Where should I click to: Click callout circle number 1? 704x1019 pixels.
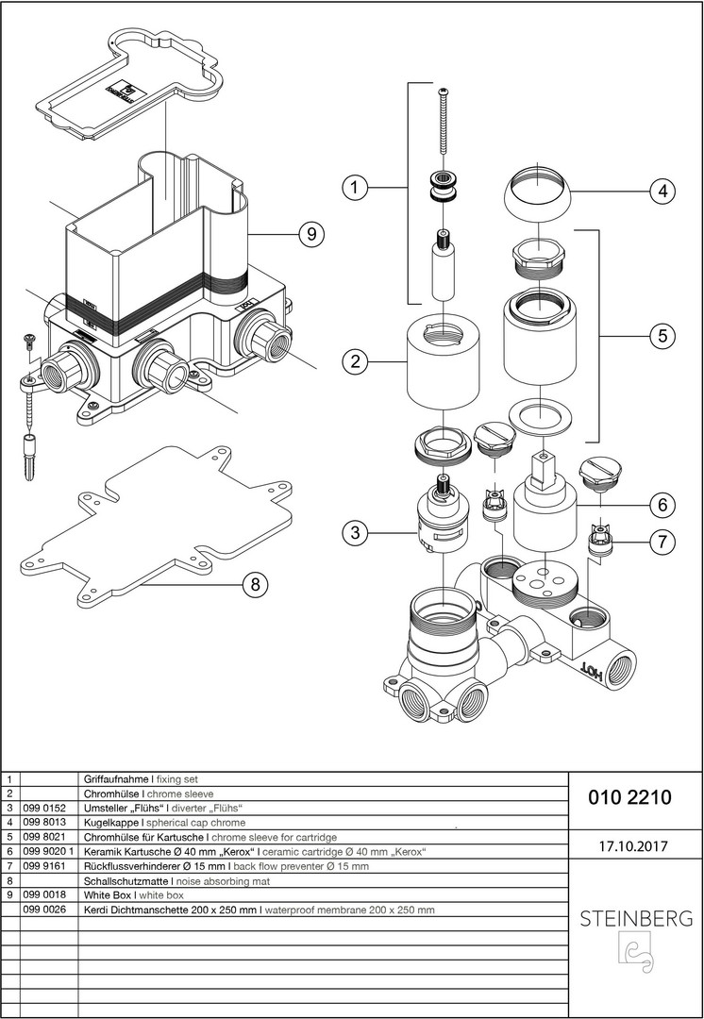[x=354, y=189]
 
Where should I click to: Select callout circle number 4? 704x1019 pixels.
[x=662, y=191]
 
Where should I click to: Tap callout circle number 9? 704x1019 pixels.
[x=310, y=234]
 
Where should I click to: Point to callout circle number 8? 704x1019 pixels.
[x=253, y=585]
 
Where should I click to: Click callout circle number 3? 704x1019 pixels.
[x=354, y=533]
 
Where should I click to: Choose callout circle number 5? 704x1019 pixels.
[x=662, y=335]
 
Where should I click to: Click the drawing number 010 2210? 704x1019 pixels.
[x=629, y=797]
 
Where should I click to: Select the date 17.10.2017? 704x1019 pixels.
[x=632, y=846]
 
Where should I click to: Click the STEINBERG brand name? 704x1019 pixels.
[x=634, y=917]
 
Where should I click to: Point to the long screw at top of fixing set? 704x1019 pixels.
[x=444, y=123]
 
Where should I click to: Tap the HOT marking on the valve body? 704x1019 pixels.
[x=591, y=672]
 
